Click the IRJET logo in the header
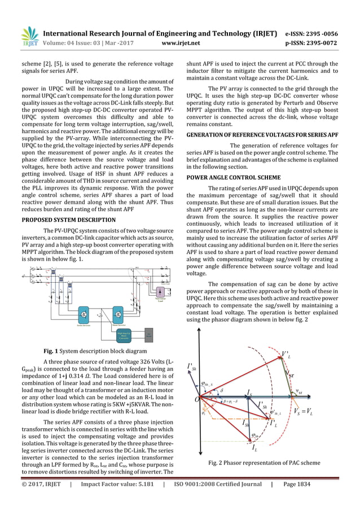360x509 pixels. tap(29, 36)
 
